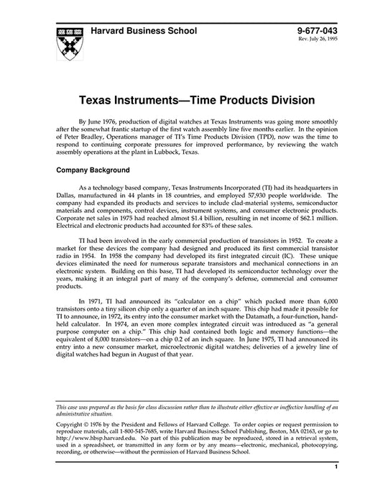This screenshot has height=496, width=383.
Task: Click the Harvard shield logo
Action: (x=68, y=42)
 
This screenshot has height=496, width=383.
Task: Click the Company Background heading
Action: (x=93, y=170)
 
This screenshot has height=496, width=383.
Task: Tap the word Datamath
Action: (x=254, y=336)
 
